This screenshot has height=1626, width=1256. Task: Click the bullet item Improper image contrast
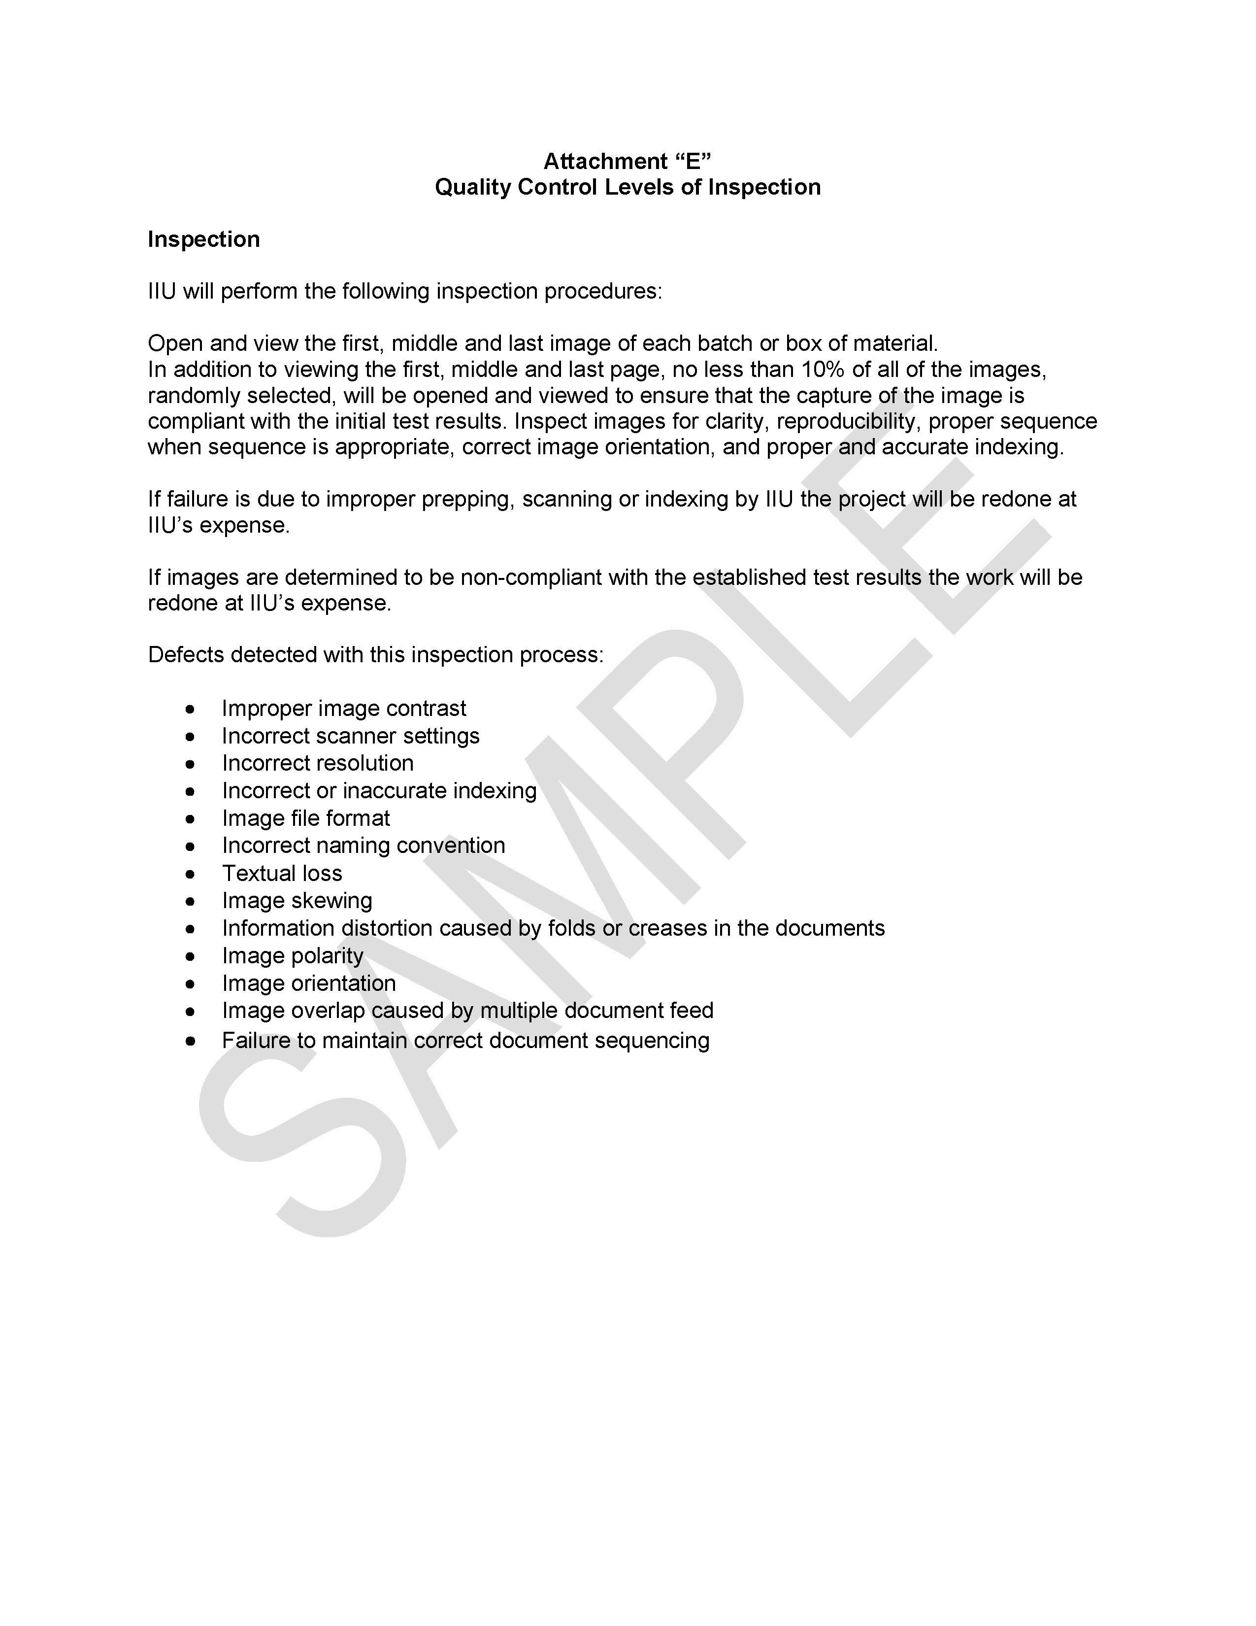coord(344,708)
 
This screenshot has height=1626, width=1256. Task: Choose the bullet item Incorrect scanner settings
coord(351,736)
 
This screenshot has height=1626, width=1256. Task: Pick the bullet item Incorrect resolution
coord(318,763)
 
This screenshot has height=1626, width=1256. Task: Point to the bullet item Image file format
coord(306,818)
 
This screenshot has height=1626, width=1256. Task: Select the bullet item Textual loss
coord(282,873)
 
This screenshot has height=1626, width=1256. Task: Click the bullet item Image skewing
coord(297,901)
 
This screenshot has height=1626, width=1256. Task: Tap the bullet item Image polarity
coord(293,956)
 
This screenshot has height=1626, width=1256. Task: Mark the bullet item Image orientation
coord(309,983)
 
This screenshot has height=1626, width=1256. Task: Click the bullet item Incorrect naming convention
coord(363,846)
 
